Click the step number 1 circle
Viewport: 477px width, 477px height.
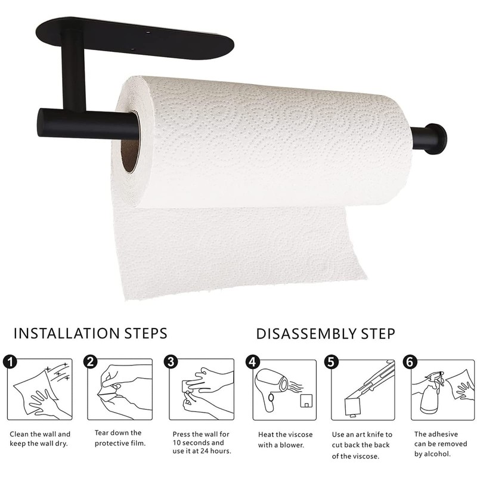[9, 361]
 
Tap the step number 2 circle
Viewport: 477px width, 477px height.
[90, 361]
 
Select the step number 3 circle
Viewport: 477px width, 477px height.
[171, 361]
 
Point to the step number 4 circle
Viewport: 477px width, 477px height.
[252, 361]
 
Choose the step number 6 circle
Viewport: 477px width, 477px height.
[410, 361]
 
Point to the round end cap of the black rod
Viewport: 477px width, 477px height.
[437, 138]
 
